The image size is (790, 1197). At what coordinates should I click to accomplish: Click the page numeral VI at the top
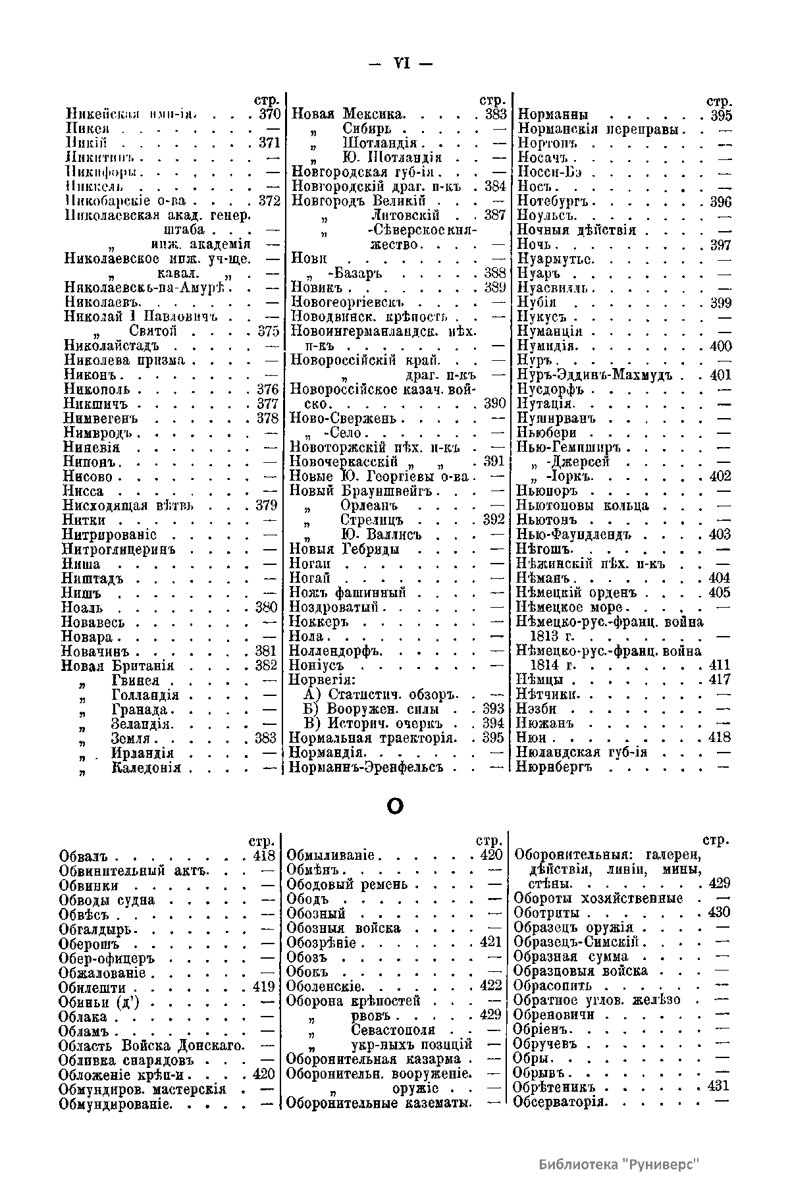coord(401,64)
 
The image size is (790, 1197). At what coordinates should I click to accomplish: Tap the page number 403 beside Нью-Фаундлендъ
coord(720,535)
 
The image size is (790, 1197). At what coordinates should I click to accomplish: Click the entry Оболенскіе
coord(324,986)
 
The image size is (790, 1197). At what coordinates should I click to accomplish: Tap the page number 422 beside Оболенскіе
coord(491,986)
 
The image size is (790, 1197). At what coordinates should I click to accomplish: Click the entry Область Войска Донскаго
coord(151,1046)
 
